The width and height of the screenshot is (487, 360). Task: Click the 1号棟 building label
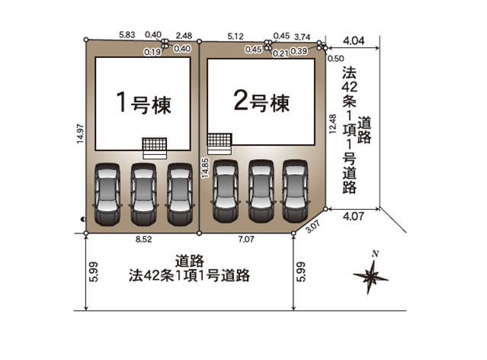click(x=143, y=102)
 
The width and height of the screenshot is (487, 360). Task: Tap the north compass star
click(x=370, y=276)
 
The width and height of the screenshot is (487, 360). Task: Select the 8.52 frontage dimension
click(x=144, y=239)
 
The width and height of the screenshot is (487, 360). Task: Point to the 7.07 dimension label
click(x=246, y=239)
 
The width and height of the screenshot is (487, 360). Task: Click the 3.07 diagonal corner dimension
click(x=312, y=226)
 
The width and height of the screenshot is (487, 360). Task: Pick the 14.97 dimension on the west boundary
click(x=81, y=134)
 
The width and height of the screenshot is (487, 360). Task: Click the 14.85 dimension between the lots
click(x=205, y=169)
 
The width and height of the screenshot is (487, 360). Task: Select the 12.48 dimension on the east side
click(x=332, y=124)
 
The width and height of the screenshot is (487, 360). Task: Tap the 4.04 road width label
click(x=354, y=40)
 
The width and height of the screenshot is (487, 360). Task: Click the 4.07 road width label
click(x=354, y=216)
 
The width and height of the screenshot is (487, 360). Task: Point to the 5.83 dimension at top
click(x=127, y=35)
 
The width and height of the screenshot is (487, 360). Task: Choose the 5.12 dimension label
click(x=235, y=37)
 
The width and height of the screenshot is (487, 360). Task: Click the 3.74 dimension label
click(x=303, y=37)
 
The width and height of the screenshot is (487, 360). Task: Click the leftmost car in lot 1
click(x=107, y=194)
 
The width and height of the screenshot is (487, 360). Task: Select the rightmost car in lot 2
click(x=296, y=191)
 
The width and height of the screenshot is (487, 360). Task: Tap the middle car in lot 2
click(x=261, y=191)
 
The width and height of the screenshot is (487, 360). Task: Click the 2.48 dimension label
click(x=184, y=36)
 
